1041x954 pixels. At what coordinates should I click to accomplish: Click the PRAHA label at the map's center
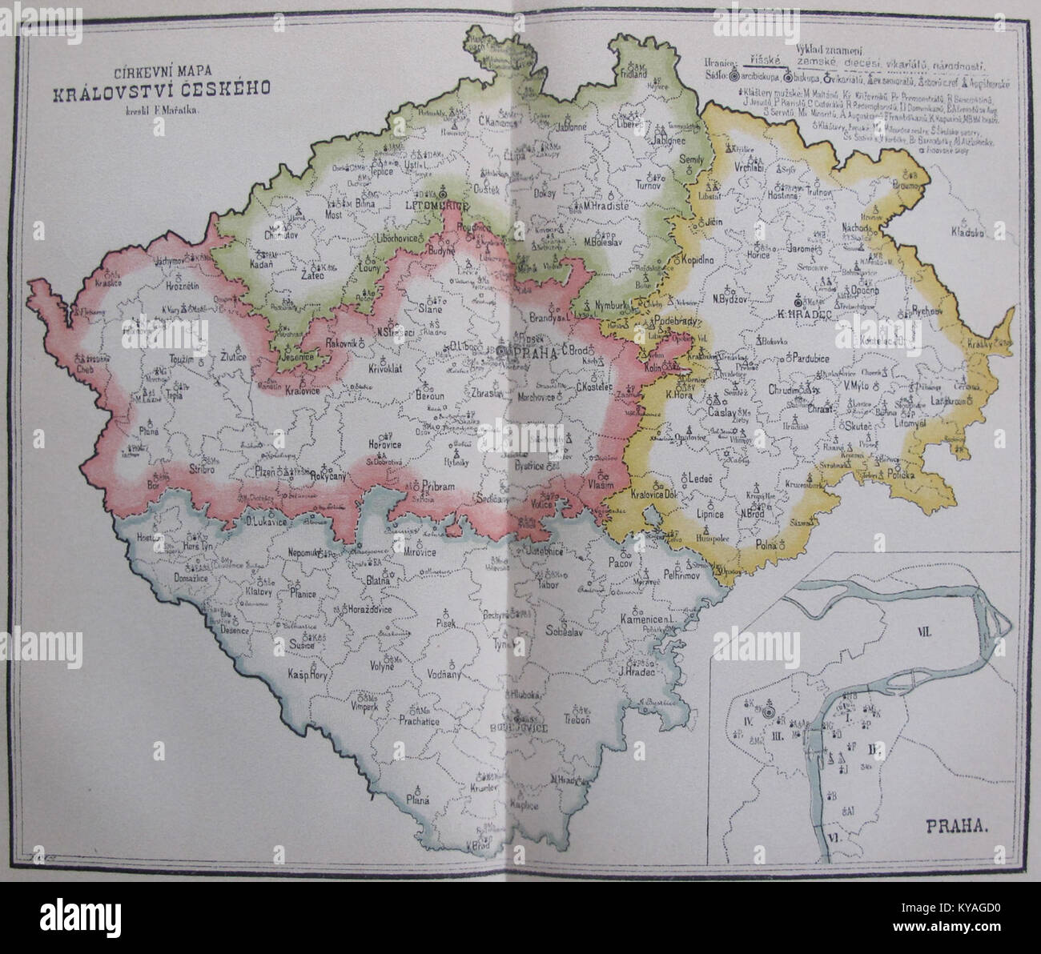point(529,352)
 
